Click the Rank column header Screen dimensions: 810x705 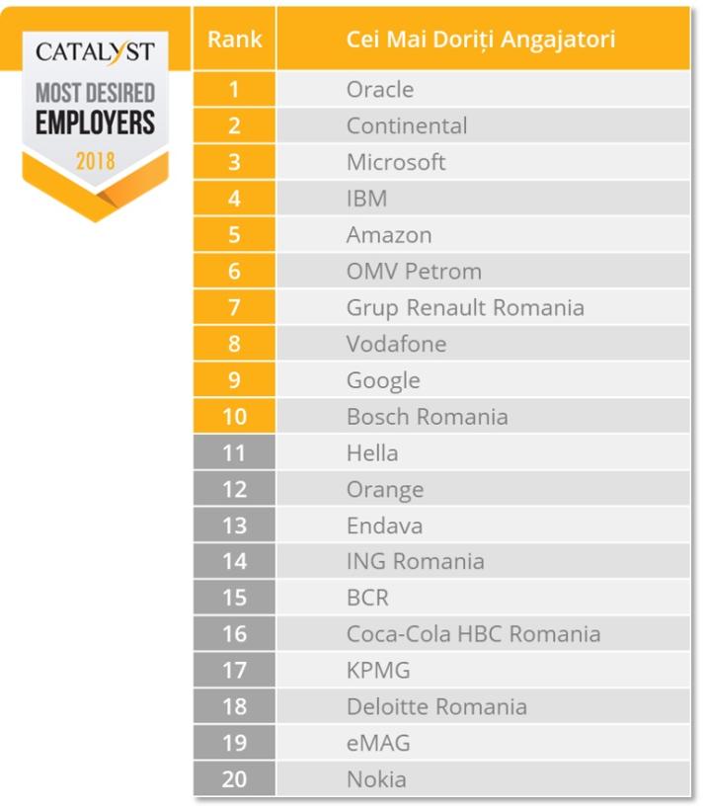234,40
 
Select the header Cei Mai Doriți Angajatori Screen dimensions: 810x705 481,40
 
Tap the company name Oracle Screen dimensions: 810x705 380,90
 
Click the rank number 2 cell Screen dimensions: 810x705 234,126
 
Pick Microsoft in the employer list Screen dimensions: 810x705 396,163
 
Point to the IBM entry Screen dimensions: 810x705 366,199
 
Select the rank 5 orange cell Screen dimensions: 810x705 234,235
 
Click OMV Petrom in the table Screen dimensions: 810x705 414,272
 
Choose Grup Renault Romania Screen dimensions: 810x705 465,308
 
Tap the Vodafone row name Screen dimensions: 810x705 396,344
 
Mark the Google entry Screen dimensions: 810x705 383,380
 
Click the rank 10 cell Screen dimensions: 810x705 234,417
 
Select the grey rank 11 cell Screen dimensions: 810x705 234,453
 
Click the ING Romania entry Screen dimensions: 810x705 415,562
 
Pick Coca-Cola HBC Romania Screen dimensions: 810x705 473,634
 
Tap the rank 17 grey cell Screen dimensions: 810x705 234,671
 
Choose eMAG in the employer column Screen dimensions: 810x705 378,743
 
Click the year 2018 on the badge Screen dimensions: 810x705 95,159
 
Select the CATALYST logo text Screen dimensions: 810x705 95,52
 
